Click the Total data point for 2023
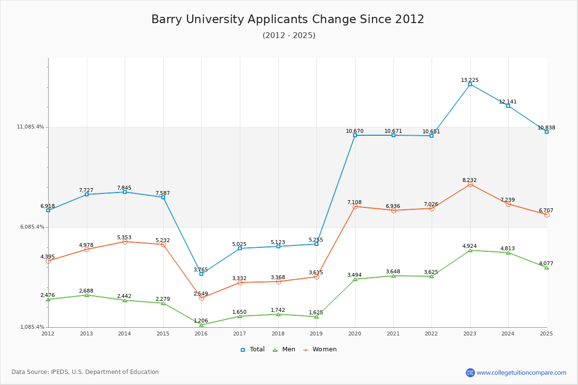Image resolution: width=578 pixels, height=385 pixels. (x=470, y=84)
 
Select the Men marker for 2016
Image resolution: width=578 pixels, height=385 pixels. (x=201, y=325)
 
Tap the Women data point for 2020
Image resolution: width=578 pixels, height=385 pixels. (x=355, y=206)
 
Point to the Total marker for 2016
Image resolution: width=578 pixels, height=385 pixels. (x=201, y=274)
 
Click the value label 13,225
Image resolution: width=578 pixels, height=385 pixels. (x=470, y=80)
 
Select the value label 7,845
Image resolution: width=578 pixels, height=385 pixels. (x=124, y=188)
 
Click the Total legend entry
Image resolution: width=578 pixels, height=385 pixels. (x=253, y=349)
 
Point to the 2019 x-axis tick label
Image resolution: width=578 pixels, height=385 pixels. (x=316, y=334)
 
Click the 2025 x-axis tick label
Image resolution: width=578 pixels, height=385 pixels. (x=546, y=334)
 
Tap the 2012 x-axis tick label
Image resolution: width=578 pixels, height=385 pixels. (x=48, y=334)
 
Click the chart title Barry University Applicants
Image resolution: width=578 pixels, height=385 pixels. (x=288, y=19)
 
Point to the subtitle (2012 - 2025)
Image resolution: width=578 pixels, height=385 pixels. (x=289, y=36)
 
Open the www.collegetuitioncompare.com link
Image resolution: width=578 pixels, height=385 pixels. (x=521, y=372)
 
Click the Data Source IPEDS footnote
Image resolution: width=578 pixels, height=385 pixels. (x=85, y=372)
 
